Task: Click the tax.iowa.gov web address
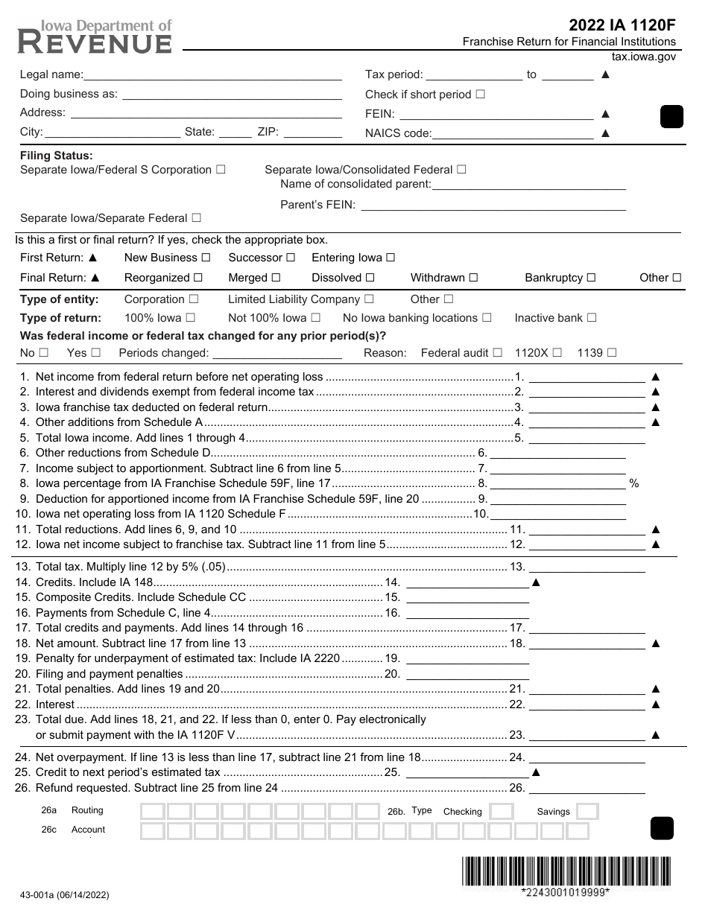click(x=643, y=57)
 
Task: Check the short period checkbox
click(x=480, y=95)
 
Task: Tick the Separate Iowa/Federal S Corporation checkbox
click(x=221, y=170)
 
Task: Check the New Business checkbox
click(x=206, y=258)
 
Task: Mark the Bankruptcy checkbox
click(x=591, y=278)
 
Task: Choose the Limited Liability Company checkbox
click(x=369, y=299)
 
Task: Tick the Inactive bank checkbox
click(x=592, y=318)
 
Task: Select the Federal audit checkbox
click(x=498, y=353)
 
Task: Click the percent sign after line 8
click(x=634, y=484)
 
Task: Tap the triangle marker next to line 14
click(x=536, y=582)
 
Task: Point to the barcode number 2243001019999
click(x=565, y=892)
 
